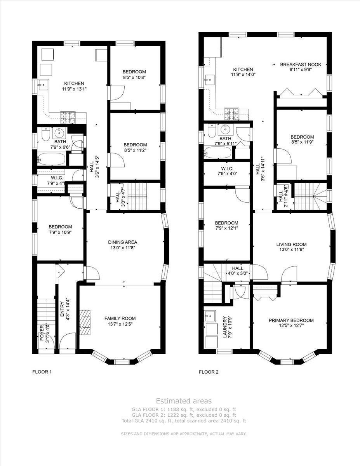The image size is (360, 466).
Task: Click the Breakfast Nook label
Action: point(301,64)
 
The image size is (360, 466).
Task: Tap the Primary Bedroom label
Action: point(291,320)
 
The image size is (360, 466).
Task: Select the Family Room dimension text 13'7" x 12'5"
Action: point(120,324)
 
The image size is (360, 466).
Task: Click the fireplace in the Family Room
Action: point(85,322)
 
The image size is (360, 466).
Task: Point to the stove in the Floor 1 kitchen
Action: point(68,118)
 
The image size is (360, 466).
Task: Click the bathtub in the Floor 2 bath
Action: point(218,152)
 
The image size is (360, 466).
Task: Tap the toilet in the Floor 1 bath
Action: point(46,134)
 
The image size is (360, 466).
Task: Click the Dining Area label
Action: point(122,242)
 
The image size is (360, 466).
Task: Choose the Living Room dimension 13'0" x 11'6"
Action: point(291,249)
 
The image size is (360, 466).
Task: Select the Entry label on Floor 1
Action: point(62,309)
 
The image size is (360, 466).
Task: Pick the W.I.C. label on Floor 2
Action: point(227,169)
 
